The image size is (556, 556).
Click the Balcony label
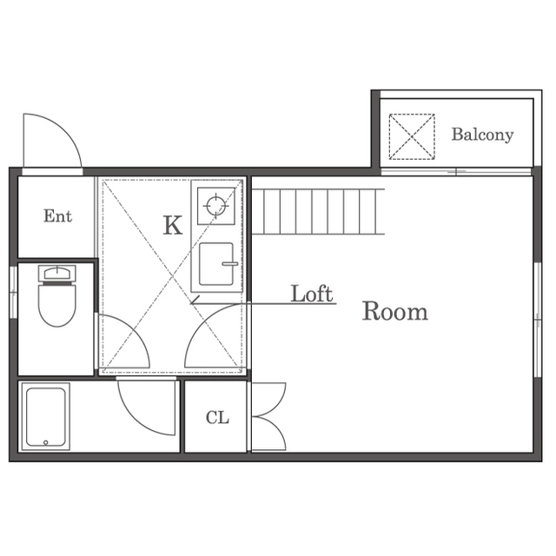point(482,135)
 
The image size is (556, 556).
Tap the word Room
point(394,311)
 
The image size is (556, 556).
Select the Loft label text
point(312,294)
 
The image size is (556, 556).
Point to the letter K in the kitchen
point(173,225)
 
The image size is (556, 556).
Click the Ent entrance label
point(57,216)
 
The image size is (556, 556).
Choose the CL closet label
point(217,417)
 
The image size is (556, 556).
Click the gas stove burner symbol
point(216,206)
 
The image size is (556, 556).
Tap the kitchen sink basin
point(216,264)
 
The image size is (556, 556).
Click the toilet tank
point(56,274)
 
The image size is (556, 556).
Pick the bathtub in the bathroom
point(45,417)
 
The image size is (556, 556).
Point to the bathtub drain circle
point(45,442)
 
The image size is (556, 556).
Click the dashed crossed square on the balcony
point(412,136)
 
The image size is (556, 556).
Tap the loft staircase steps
point(318,212)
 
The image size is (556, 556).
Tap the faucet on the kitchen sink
point(230,264)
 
